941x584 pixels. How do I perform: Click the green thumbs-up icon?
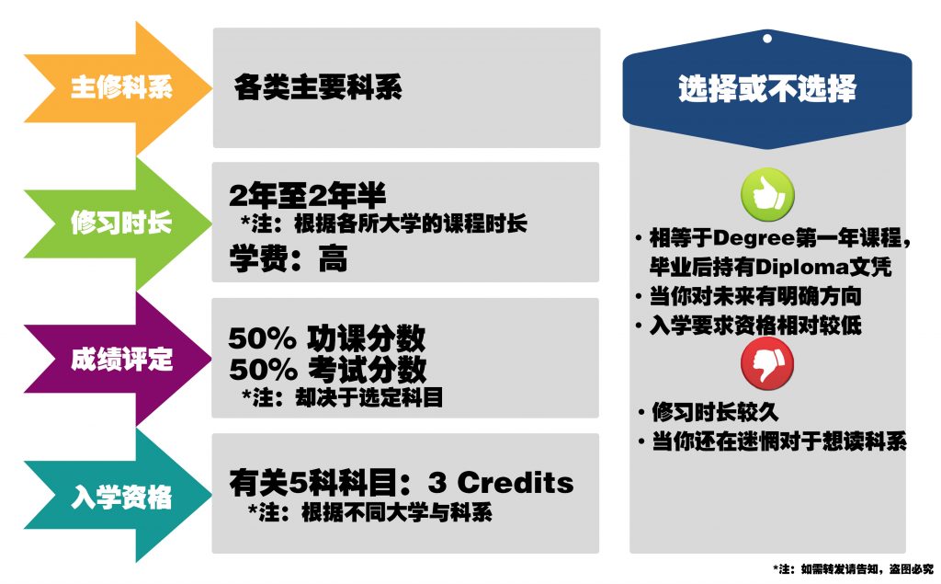point(767,194)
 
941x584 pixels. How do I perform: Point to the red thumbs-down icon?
point(767,363)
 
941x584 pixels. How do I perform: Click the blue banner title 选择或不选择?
point(767,89)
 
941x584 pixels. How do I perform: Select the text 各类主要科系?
point(317,87)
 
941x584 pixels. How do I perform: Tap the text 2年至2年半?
point(307,195)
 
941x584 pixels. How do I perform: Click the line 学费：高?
point(288,259)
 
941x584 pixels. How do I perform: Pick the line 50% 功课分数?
point(327,338)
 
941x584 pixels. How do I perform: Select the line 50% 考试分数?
point(328,369)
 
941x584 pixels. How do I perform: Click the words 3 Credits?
point(501,483)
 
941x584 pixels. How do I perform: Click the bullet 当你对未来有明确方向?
point(749,296)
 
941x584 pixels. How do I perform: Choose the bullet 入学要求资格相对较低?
point(749,326)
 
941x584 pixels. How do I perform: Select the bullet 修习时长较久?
point(709,412)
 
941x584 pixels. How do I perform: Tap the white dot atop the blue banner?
point(767,39)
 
